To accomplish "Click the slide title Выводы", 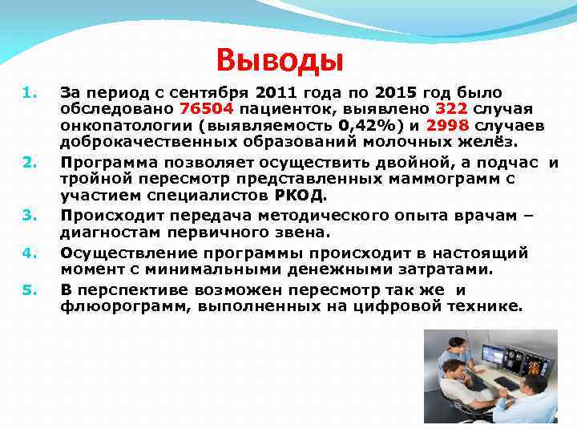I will click(x=280, y=59).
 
